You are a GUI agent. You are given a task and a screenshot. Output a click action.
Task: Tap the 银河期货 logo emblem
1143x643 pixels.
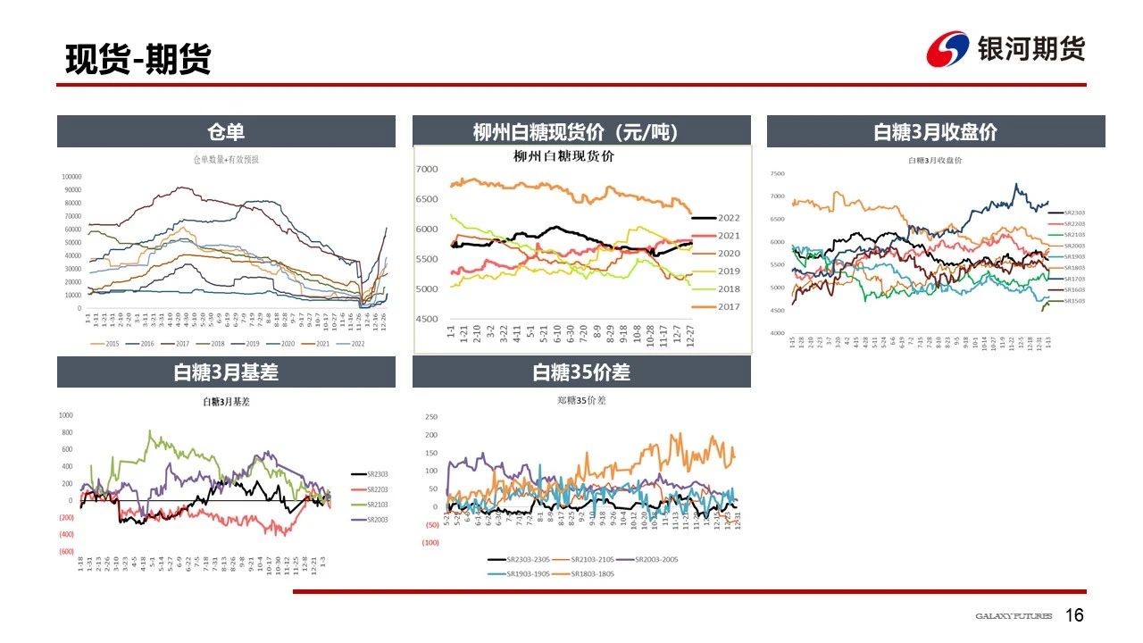coord(947,49)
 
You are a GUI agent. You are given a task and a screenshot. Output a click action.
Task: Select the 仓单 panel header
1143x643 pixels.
coord(226,132)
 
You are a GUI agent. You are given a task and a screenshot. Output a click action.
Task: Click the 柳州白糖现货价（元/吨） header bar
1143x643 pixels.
coord(580,132)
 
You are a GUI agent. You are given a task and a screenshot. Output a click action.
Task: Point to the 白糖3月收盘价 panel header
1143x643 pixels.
coord(935,132)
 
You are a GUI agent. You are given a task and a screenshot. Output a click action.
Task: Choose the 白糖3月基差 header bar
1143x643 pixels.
coord(226,372)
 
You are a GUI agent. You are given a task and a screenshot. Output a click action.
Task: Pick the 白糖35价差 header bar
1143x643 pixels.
coord(580,372)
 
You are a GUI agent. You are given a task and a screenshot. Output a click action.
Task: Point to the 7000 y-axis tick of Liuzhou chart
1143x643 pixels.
coord(427,170)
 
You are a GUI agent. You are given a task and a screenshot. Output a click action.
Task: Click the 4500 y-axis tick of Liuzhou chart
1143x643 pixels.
coord(427,319)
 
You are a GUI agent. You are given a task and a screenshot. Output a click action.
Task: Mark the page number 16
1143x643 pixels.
coord(1075,615)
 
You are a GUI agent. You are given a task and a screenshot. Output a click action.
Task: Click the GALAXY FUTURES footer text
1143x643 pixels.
coord(1014,616)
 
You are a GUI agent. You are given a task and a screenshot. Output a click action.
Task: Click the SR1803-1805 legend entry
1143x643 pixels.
coord(589,573)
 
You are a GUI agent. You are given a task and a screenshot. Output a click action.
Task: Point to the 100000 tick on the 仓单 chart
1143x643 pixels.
coord(71,177)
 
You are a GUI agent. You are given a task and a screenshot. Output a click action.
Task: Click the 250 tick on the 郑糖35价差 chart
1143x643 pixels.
coord(431,417)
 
